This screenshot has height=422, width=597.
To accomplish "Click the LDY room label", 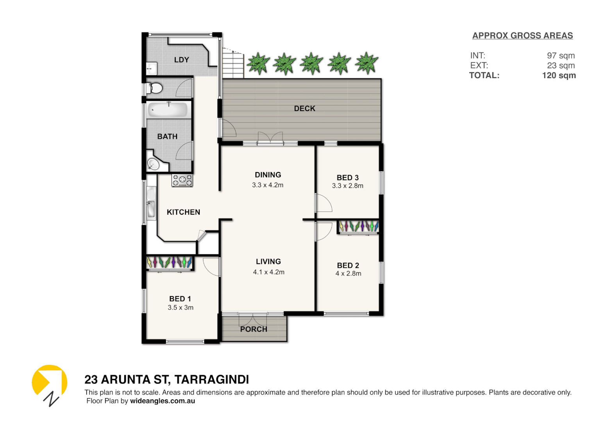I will point(182,60).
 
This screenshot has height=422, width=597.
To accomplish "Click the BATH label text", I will point(167,136).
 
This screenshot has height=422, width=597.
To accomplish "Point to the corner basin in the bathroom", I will point(153,165).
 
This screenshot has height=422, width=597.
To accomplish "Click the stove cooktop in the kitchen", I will point(182,180).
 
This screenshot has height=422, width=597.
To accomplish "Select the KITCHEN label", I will point(183,212).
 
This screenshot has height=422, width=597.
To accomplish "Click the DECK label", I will point(304,109).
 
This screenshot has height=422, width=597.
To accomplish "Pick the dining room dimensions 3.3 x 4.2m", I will point(268,185).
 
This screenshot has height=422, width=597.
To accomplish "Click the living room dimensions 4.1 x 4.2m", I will point(268,272).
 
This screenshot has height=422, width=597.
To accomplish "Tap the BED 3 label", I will point(347,177).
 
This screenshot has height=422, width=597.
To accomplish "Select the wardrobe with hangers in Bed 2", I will point(358,227).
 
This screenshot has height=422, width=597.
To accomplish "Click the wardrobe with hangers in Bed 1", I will point(170,263).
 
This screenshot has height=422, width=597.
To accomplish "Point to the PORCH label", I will point(254,329).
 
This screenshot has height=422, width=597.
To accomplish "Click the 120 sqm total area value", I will point(559,75).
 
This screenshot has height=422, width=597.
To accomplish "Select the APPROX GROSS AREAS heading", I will point(522,36).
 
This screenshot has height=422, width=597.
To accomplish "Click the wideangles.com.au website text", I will point(163,401).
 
